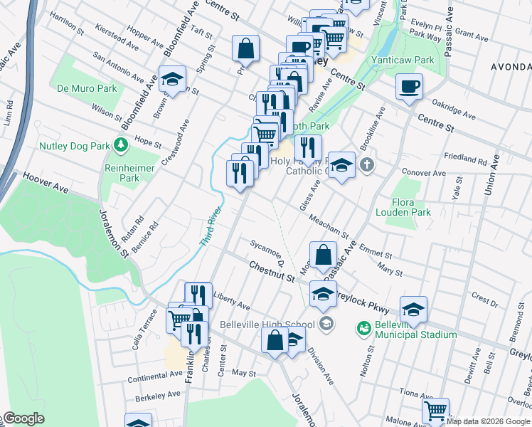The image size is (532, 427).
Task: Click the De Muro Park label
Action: (x=87, y=89)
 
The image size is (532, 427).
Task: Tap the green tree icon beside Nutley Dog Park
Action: (x=121, y=146)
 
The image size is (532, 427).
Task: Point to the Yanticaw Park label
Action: (x=402, y=60)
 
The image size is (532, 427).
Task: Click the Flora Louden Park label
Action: (x=410, y=206)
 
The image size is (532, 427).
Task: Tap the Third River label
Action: (x=211, y=227)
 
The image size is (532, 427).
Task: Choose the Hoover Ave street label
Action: (x=44, y=181)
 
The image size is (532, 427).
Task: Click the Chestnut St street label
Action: (x=272, y=271)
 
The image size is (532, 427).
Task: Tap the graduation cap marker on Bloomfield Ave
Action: (x=171, y=79)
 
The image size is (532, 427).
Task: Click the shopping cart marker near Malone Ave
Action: (x=435, y=411)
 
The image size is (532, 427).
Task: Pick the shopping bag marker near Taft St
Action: (x=245, y=49)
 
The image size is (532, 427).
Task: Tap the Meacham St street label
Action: (x=329, y=226)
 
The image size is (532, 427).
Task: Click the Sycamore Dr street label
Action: (x=267, y=251)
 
